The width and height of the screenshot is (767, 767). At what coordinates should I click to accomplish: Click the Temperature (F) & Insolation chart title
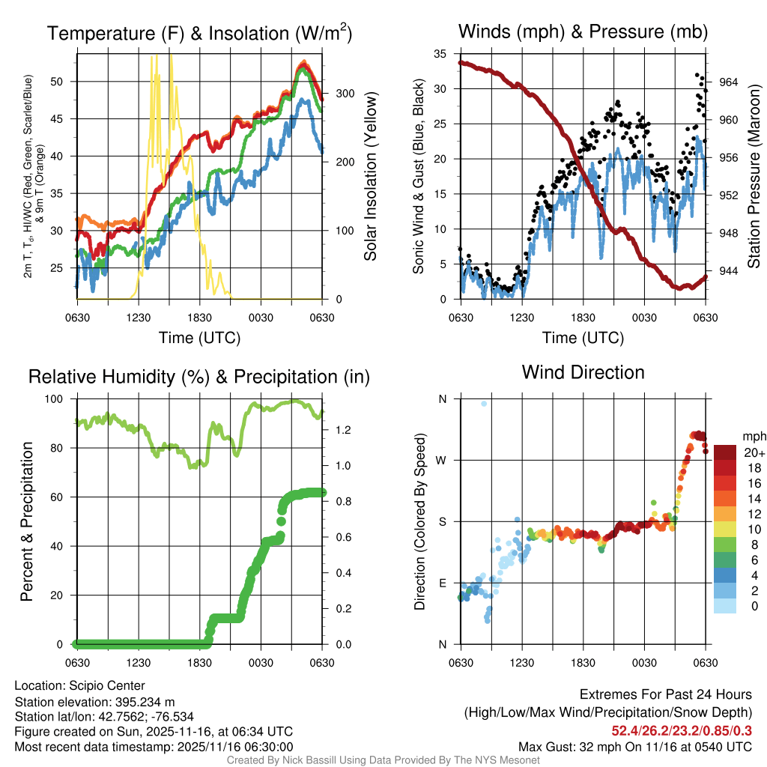[199, 34]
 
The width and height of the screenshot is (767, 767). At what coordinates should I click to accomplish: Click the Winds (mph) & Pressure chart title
[583, 31]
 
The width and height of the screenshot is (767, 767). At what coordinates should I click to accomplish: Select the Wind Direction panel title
[583, 372]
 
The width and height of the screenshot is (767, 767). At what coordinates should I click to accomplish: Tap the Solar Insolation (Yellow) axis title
[370, 176]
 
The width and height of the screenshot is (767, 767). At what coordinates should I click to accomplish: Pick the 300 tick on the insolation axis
[344, 94]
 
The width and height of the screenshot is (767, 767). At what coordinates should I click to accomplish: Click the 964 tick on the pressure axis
[728, 82]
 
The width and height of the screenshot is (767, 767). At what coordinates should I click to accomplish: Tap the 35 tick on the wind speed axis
[441, 53]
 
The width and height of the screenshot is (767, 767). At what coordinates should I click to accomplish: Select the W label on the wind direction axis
[442, 460]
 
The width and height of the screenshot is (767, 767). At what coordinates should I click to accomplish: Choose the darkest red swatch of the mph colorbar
[726, 452]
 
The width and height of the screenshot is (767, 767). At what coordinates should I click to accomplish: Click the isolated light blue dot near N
[484, 404]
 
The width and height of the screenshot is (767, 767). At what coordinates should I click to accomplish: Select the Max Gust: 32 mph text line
[635, 746]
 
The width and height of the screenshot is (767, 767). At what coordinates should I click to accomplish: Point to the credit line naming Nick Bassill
[383, 760]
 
